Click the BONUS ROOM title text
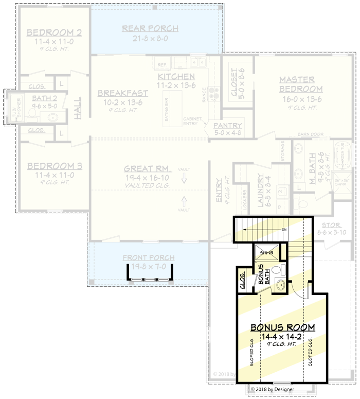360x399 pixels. point(282,327)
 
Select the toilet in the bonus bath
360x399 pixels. point(277,271)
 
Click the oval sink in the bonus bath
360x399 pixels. point(280,284)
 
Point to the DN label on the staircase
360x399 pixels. point(283,229)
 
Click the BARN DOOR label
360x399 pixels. point(310,134)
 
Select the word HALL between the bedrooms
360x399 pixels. point(78,109)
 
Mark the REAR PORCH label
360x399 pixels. point(150,29)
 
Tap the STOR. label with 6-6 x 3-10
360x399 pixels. point(331,225)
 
